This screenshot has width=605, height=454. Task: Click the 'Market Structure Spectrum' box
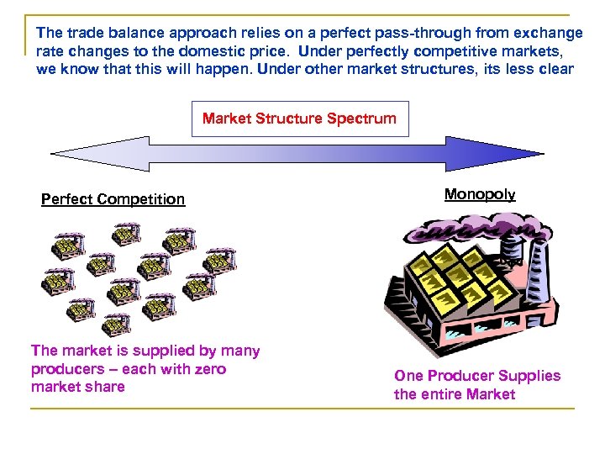click(x=299, y=119)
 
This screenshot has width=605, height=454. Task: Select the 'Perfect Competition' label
click(x=113, y=199)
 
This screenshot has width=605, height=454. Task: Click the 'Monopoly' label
click(x=479, y=194)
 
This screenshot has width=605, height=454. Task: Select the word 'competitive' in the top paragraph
click(x=467, y=50)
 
